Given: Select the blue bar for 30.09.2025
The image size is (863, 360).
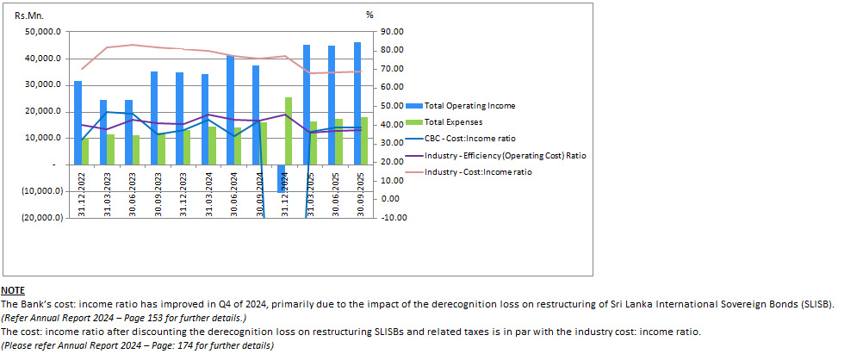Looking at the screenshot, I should pyautogui.click(x=357, y=103).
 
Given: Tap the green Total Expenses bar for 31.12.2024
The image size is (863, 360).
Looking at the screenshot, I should pyautogui.click(x=288, y=130).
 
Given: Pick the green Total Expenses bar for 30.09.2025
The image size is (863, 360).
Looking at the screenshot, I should pyautogui.click(x=365, y=140).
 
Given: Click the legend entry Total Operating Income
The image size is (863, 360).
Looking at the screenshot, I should pyautogui.click(x=469, y=105).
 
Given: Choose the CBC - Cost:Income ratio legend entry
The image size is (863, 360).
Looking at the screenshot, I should pyautogui.click(x=465, y=138).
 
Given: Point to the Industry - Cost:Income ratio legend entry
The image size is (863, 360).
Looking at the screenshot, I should pyautogui.click(x=477, y=171).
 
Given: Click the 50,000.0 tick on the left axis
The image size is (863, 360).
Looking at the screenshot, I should pyautogui.click(x=44, y=32).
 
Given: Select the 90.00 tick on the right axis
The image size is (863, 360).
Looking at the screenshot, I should pyautogui.click(x=393, y=32).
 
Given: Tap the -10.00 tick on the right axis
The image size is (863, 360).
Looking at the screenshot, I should pyautogui.click(x=394, y=217).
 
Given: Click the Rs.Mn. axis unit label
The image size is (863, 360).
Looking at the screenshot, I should pyautogui.click(x=29, y=15).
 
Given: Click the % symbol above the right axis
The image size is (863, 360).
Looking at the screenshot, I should pyautogui.click(x=369, y=15).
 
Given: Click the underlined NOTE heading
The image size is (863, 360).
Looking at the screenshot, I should pyautogui.click(x=13, y=291).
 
